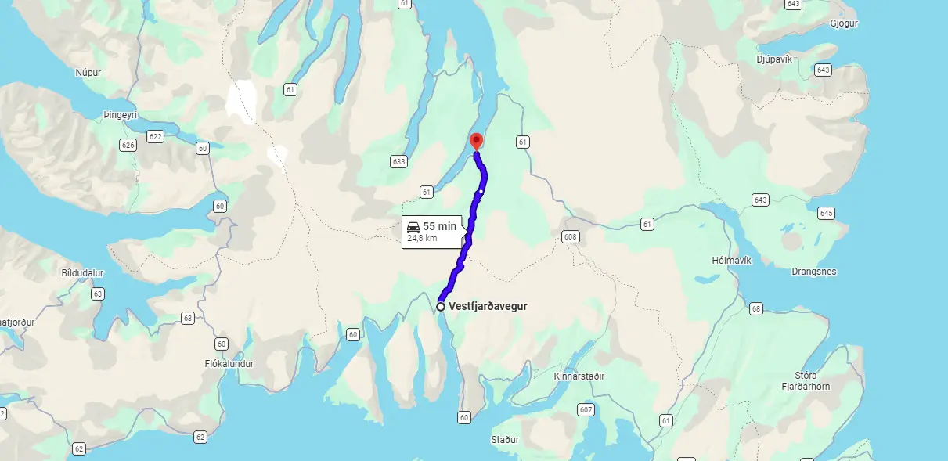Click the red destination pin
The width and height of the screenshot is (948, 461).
point(476,141)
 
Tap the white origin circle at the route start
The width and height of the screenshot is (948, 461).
point(441,306)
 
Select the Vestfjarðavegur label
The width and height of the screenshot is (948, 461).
point(488,306)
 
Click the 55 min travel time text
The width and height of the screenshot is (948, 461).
point(440,226)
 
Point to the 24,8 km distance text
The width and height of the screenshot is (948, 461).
point(422,237)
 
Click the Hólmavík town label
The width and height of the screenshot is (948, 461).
point(731,260)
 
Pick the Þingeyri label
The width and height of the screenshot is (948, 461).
point(120,115)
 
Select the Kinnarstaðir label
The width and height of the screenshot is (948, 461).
point(579,376)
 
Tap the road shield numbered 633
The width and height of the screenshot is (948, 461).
point(398,162)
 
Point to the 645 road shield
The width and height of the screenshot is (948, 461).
point(826,213)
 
